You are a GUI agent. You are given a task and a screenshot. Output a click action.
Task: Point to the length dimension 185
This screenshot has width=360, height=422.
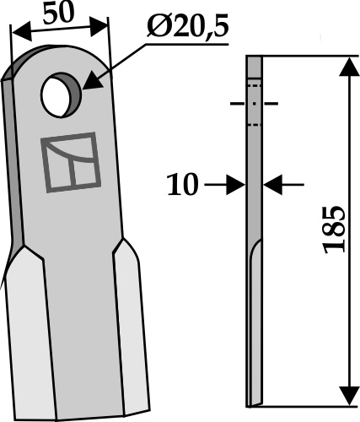pyautogui.click(x=333, y=227)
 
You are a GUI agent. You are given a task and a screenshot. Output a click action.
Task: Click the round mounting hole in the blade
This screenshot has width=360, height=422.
pyautogui.click(x=59, y=94)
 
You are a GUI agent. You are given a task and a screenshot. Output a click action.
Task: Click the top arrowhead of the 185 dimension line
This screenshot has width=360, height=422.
pyautogui.click(x=347, y=67)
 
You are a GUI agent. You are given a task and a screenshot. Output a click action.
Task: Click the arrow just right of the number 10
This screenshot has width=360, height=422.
pyautogui.click(x=235, y=183)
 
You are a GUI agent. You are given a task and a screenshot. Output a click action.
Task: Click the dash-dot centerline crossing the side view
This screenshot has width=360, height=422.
pyautogui.click(x=254, y=105)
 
